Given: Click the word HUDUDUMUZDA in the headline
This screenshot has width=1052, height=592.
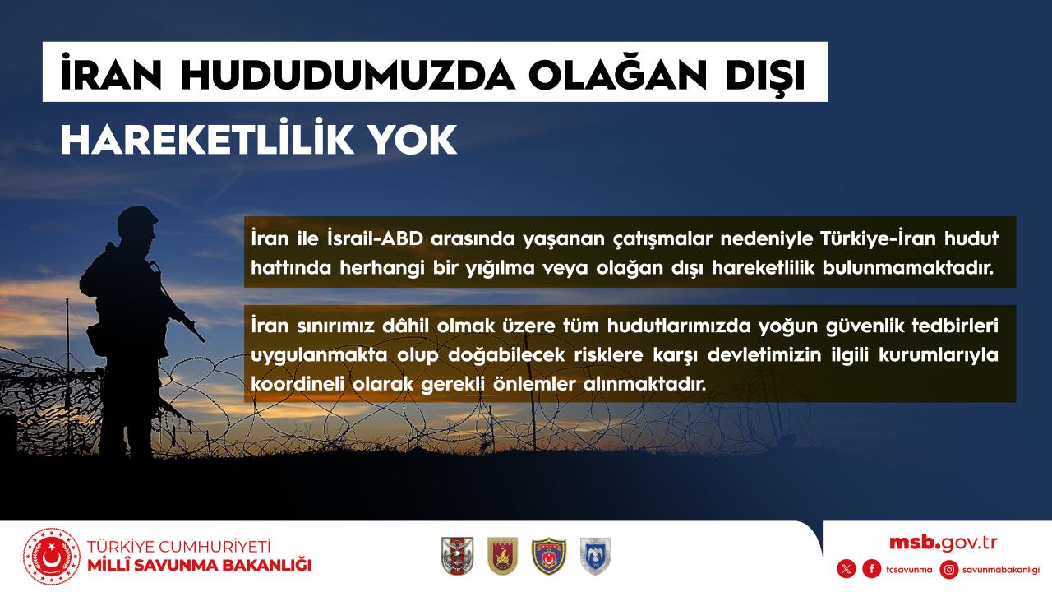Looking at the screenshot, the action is (348, 74).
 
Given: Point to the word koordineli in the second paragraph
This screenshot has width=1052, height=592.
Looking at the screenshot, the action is (298, 383).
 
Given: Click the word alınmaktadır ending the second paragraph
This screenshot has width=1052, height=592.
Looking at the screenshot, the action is (644, 383).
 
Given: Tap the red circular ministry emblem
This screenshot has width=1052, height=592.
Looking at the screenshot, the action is (52, 557).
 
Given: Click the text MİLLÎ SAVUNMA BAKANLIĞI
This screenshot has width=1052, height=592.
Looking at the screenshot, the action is (200, 565).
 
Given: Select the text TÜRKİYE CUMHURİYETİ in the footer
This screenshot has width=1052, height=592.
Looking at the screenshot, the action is (179, 547).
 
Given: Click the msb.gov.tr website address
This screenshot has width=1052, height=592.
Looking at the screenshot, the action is (943, 543).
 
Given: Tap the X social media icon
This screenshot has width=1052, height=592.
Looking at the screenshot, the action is (847, 570).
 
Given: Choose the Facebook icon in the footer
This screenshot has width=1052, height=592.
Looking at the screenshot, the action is (872, 570).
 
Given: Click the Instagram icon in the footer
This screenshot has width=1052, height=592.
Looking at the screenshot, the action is (949, 570).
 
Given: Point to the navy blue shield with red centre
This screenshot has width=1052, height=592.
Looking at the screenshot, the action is (548, 557).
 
